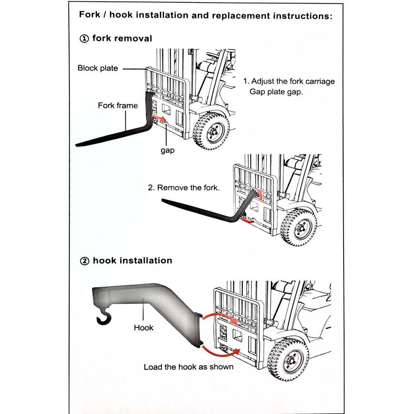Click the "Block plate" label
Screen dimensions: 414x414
(x=98, y=68)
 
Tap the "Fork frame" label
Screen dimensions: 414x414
(x=118, y=106)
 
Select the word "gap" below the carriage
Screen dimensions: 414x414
(x=168, y=150)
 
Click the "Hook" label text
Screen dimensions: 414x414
(x=144, y=327)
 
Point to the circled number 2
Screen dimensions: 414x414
(x=84, y=261)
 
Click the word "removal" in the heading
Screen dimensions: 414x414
(x=134, y=39)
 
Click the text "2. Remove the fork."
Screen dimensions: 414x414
(x=184, y=188)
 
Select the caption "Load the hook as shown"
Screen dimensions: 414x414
(x=188, y=367)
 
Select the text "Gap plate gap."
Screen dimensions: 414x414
(x=276, y=91)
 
